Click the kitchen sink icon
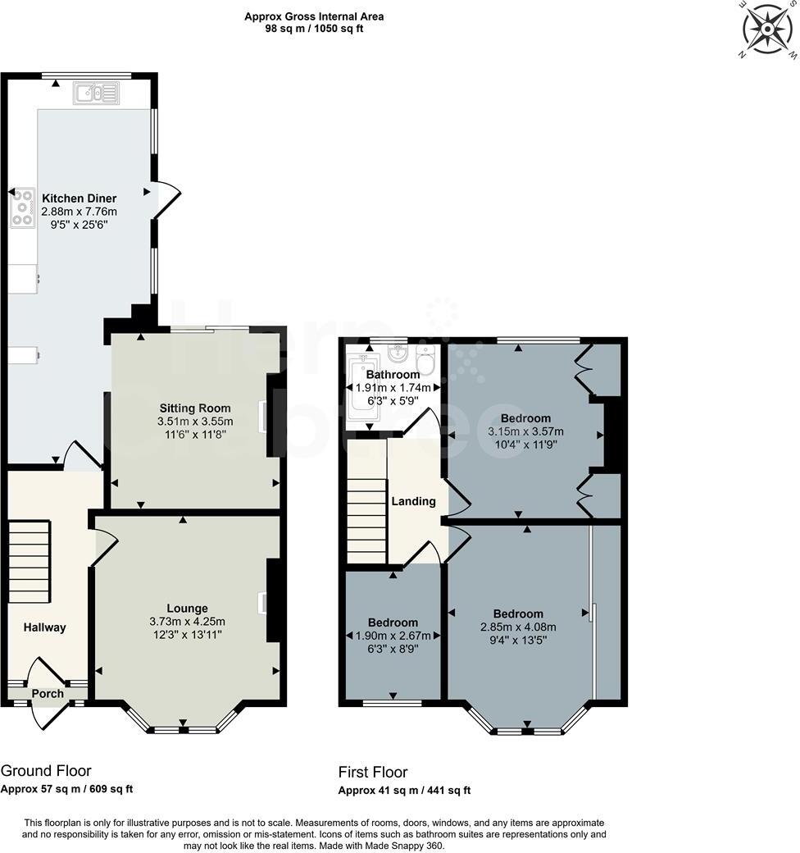(97, 94)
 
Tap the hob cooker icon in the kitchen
(22, 208)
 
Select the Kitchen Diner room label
(79, 198)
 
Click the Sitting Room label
(194, 408)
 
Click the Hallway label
(44, 627)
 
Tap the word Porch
(48, 694)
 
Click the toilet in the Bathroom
(426, 359)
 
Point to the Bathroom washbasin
(397, 356)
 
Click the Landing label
(413, 501)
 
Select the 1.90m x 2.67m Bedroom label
(393, 636)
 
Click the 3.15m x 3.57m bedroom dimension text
(525, 431)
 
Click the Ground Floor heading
(46, 770)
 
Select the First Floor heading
(373, 772)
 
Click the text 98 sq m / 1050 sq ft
(314, 29)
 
